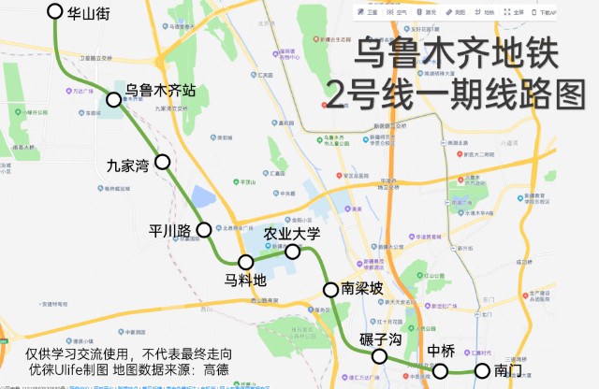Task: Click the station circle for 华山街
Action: click(x=53, y=12)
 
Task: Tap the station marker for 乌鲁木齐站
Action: click(x=114, y=100)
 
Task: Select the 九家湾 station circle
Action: click(x=162, y=162)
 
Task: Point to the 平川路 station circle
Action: click(x=204, y=229)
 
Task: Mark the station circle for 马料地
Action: click(x=245, y=262)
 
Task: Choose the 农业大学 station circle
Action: click(x=292, y=252)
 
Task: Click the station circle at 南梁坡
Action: click(x=329, y=289)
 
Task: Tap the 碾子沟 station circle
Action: click(x=380, y=356)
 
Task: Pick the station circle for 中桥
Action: click(x=441, y=371)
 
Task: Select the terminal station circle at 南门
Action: click(x=482, y=371)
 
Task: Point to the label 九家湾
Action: click(x=128, y=167)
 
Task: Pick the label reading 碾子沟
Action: click(x=381, y=339)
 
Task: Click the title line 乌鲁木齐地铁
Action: click(x=457, y=55)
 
